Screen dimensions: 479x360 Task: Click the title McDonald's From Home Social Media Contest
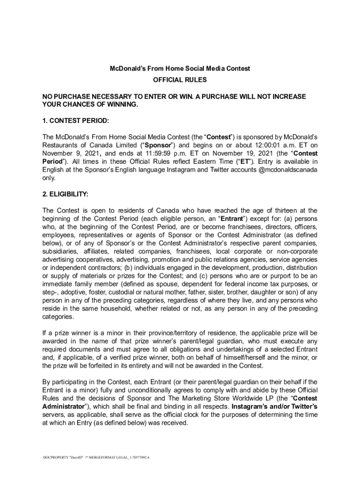click(180, 68)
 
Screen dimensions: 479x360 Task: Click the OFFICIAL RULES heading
click(180, 80)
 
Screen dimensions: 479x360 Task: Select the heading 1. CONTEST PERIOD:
click(75, 121)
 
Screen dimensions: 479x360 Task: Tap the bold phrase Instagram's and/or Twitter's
click(274, 406)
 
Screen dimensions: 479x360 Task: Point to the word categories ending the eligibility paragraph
click(58, 317)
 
